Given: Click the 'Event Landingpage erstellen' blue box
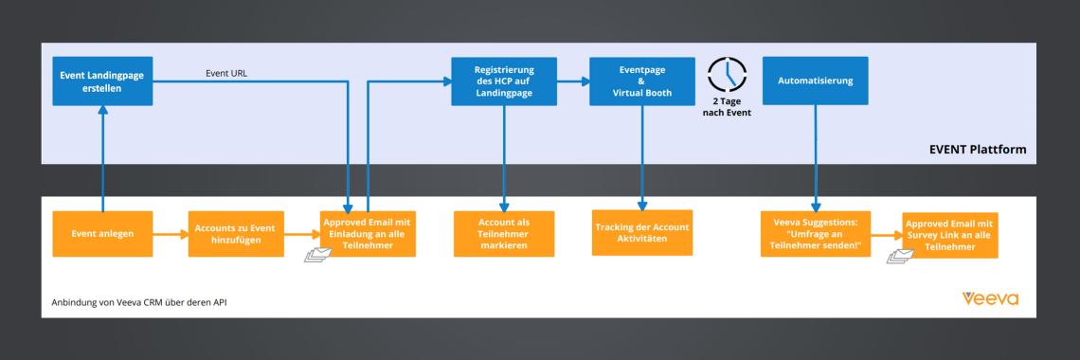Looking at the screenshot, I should pyautogui.click(x=102, y=81).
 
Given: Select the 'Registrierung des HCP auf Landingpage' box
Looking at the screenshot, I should pyautogui.click(x=504, y=81).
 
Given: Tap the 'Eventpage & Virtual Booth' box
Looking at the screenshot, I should pyautogui.click(x=643, y=81).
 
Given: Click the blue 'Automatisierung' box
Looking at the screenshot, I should pyautogui.click(x=815, y=81).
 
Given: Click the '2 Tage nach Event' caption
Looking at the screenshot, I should pyautogui.click(x=727, y=107).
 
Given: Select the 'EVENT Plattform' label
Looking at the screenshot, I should pyautogui.click(x=979, y=150).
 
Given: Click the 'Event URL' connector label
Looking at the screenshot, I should pyautogui.click(x=228, y=73).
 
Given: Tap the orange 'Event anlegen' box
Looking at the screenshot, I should pyautogui.click(x=102, y=233).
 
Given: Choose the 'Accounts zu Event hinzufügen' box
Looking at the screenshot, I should pyautogui.click(x=234, y=234).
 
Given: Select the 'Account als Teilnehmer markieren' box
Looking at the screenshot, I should pyautogui.click(x=504, y=233).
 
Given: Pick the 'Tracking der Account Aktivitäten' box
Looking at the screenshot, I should pyautogui.click(x=643, y=233).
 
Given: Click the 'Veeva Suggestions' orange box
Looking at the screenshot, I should pyautogui.click(x=815, y=233).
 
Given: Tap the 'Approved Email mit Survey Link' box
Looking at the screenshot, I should pyautogui.click(x=950, y=235).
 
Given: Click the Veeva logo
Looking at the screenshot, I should pyautogui.click(x=990, y=299).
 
